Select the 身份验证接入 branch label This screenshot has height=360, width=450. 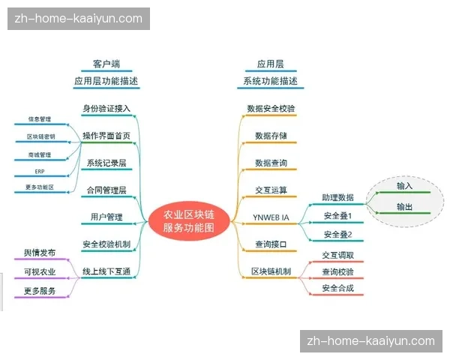coord(106,108)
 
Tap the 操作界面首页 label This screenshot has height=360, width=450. coord(106,136)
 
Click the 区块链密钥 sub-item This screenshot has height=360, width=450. coord(40,136)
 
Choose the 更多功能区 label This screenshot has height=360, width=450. coord(40,187)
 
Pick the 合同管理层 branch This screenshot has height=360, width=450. coord(106,190)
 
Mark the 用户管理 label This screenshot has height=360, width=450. coord(106,217)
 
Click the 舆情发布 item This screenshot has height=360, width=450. coord(40,253)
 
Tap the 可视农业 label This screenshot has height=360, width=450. coord(40,271)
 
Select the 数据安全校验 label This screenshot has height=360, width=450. coord(271,108)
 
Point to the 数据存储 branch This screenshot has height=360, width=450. coord(271,136)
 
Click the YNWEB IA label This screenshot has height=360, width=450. coord(271,217)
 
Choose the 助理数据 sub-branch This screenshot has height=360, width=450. coord(337,197)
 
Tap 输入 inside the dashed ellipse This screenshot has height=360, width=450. coord(405,185)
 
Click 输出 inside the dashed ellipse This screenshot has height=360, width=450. coord(405,206)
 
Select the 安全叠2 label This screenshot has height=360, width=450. coord(337,235)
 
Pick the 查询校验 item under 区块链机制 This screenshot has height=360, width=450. coord(337,271)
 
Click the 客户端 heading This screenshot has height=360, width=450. coord(106,64)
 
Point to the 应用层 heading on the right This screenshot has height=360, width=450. coord(271,64)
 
